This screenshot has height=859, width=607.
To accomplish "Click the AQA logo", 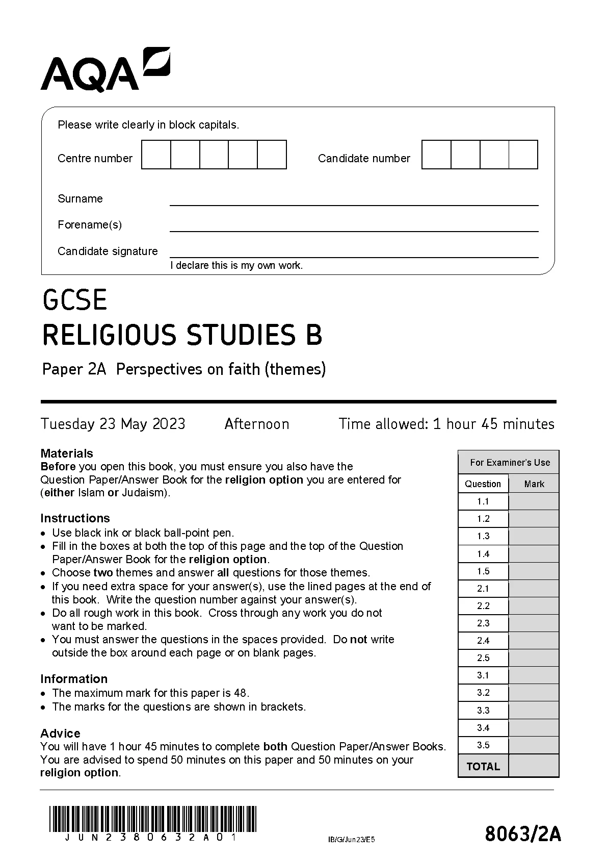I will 105,70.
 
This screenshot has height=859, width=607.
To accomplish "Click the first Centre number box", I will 156,155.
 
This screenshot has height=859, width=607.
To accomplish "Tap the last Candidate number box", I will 523,155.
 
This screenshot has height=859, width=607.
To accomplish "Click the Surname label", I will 80,199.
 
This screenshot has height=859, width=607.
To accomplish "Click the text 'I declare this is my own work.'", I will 236,265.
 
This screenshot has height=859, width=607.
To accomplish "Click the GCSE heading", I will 75,300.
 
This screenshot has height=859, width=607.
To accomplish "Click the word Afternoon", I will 257,424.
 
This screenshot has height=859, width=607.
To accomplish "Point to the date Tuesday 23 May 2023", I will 113,424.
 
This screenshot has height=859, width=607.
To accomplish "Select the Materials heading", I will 67,453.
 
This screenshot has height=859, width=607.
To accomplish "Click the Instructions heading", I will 75,518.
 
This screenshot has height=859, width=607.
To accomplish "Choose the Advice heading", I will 60,733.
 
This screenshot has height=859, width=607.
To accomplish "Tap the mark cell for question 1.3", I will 534,536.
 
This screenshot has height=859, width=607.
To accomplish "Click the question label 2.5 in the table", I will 483,658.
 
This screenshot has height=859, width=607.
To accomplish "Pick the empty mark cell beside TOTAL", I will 534,766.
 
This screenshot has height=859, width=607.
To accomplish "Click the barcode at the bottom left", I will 153,819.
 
